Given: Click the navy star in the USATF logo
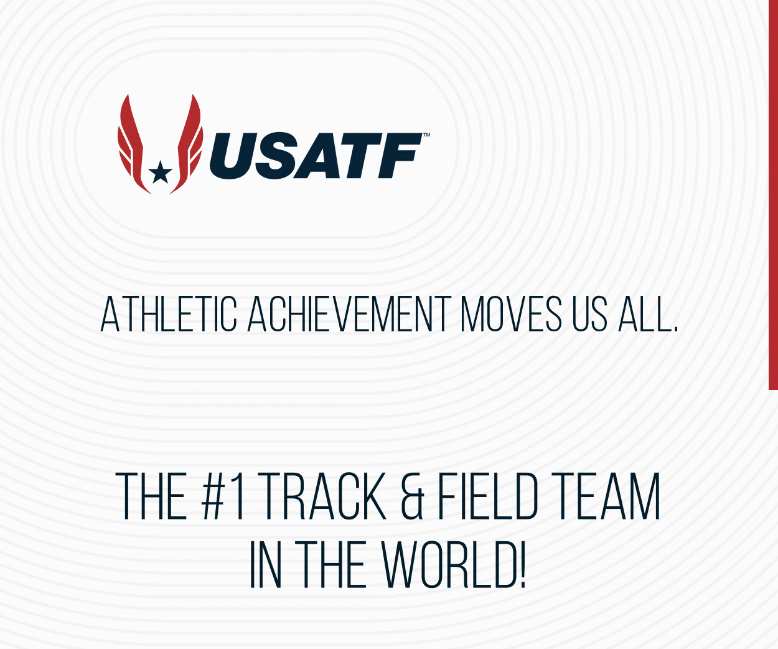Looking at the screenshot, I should point(161,172).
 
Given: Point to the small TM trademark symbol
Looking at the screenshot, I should point(426,135).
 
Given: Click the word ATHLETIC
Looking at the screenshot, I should point(169,315).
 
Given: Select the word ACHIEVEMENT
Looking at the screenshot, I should point(349,315).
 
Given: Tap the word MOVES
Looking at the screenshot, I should point(511,315).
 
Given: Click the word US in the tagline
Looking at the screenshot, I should point(589,315).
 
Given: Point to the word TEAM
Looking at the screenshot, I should point(606,496).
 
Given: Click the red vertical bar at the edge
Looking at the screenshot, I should point(774,193).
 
